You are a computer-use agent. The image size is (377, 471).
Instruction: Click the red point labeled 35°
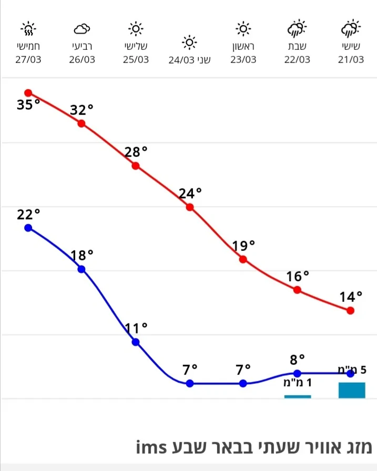coord(28,93)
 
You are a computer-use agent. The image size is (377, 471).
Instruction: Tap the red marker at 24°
coord(190,207)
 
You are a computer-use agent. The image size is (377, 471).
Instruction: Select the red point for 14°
coord(351,310)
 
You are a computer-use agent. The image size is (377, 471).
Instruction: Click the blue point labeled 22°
coord(28,227)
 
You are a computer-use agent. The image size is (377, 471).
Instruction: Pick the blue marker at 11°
coord(136,342)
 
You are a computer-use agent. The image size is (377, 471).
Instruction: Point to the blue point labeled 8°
coord(297,373)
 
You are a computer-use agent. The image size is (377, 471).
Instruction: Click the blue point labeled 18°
coord(81,269)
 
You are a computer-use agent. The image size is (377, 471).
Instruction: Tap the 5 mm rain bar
coord(352,390)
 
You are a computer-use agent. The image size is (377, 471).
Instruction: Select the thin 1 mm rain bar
coord(298,396)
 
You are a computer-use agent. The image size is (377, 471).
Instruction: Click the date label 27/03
coord(28,59)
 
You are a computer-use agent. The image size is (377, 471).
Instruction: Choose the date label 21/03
coord(351,59)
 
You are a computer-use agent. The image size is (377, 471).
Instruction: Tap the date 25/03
coord(136,59)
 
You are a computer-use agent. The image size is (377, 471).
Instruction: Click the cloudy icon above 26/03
coord(82,28)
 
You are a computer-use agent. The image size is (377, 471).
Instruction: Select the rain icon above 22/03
coord(297,27)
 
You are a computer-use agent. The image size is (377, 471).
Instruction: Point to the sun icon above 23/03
coord(243,28)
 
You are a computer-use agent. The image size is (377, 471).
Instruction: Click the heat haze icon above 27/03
coord(28,28)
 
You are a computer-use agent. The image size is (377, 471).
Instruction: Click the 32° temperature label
coord(81,110)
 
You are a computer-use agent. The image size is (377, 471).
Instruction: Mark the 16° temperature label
coord(298,276)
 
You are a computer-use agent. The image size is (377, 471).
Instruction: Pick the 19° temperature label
coord(243,245)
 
